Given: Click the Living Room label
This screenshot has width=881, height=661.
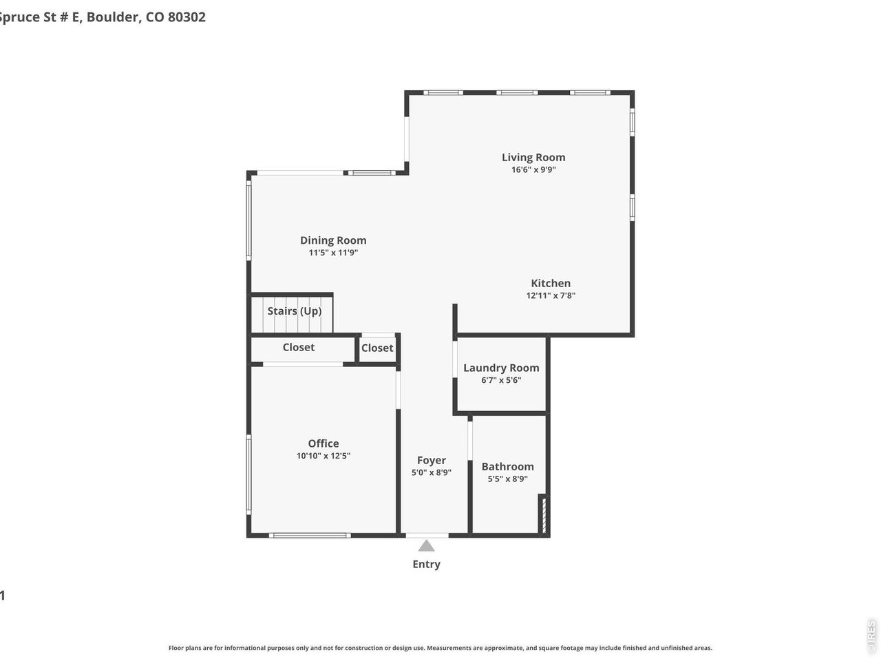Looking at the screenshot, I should click(533, 157).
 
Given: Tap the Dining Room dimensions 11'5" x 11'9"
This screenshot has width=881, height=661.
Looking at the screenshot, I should click(333, 253).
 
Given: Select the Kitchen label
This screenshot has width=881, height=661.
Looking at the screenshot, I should click(550, 283).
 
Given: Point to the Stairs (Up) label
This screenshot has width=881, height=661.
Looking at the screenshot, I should click(294, 311).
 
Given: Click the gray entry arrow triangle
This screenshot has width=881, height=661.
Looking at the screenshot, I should click(427, 546).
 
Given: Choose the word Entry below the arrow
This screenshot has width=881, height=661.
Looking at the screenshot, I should click(426, 564).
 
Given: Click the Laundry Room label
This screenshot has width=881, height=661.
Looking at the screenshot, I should click(501, 368).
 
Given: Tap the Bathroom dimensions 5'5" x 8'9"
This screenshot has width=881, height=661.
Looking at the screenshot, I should click(507, 479).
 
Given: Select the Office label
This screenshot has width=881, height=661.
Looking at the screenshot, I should click(323, 443).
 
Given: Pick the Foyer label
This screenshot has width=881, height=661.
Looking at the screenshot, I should click(431, 461).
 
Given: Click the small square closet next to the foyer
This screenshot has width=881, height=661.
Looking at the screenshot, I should click(377, 348).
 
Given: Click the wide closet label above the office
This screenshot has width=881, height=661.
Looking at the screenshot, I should click(299, 348).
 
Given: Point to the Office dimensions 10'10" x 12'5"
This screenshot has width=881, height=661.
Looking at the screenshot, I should click(323, 456).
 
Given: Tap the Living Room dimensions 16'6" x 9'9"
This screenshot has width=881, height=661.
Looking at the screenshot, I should click(533, 169).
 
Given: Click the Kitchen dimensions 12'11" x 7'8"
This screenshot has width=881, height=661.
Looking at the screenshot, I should click(550, 295).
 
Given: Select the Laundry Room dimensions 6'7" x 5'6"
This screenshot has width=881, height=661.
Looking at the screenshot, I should click(501, 380).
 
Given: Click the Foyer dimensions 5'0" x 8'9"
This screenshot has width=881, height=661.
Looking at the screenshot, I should click(431, 473).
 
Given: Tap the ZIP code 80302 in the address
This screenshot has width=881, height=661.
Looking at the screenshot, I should click(186, 17).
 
